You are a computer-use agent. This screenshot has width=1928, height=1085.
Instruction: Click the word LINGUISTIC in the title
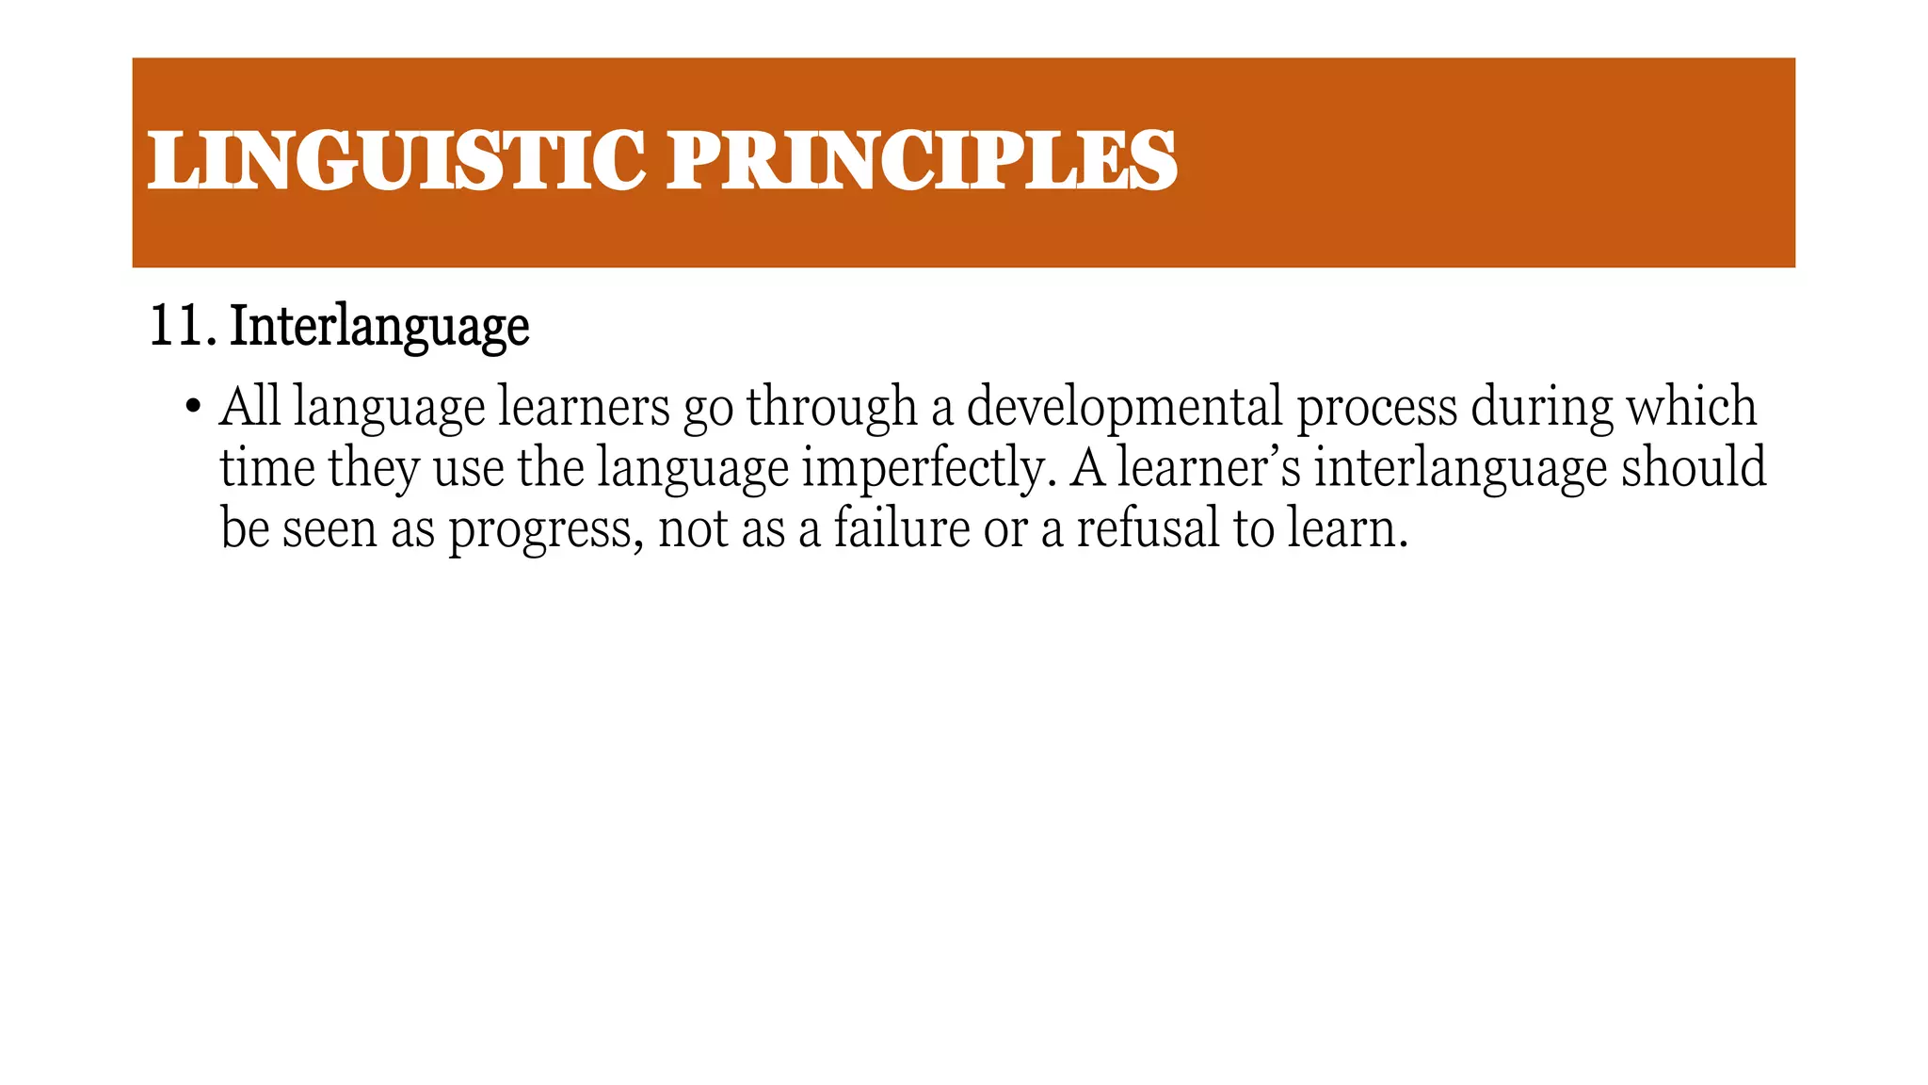click(395, 160)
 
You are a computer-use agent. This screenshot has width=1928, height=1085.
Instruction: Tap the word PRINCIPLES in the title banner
click(922, 160)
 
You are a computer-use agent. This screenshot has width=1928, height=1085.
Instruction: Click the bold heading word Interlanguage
click(379, 328)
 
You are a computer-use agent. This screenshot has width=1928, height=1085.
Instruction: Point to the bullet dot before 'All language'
click(193, 408)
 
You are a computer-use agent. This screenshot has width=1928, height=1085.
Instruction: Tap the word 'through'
click(831, 408)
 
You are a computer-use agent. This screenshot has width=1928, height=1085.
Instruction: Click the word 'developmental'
click(1124, 408)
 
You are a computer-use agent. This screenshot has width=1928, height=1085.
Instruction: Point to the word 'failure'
click(901, 527)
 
